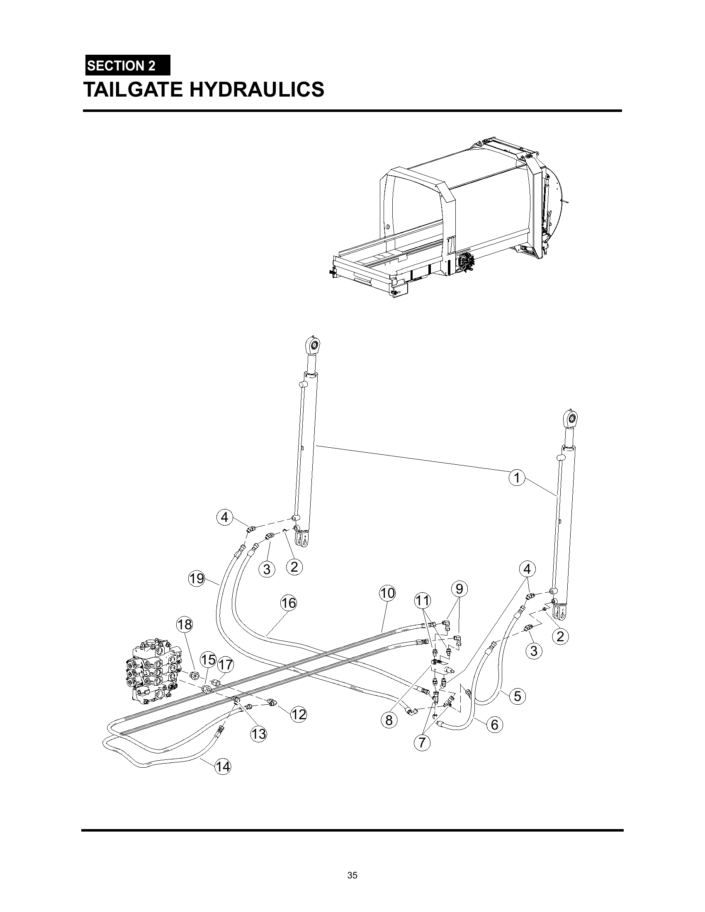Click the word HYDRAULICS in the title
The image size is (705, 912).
tap(257, 90)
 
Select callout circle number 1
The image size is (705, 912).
tap(517, 477)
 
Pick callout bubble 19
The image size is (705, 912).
tap(196, 579)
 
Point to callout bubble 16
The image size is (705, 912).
tap(288, 603)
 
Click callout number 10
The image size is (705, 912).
tap(387, 593)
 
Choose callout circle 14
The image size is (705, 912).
tap(223, 766)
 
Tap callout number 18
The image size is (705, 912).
tap(185, 625)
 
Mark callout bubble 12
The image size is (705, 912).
tap(299, 715)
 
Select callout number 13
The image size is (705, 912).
tap(258, 734)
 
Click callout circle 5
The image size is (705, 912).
tap(518, 696)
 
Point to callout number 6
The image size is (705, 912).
tap(494, 725)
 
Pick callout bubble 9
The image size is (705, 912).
tap(459, 589)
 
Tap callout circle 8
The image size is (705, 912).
tap(389, 720)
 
